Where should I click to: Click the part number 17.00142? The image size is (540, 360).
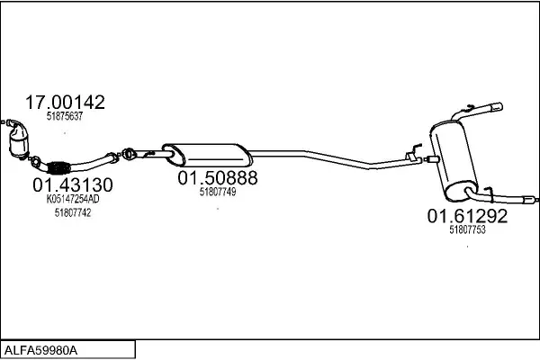(x=65, y=103)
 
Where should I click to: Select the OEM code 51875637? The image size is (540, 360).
(x=65, y=116)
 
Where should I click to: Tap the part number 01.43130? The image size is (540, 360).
(x=73, y=185)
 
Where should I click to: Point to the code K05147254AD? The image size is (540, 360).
(x=73, y=199)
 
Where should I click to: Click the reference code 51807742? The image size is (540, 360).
(x=73, y=213)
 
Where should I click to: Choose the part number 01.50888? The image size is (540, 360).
(x=218, y=178)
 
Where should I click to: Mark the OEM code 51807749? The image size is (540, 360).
(x=218, y=192)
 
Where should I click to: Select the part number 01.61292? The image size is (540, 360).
(x=467, y=216)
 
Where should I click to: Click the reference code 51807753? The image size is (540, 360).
(x=467, y=229)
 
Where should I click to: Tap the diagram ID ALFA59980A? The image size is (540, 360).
(x=40, y=351)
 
